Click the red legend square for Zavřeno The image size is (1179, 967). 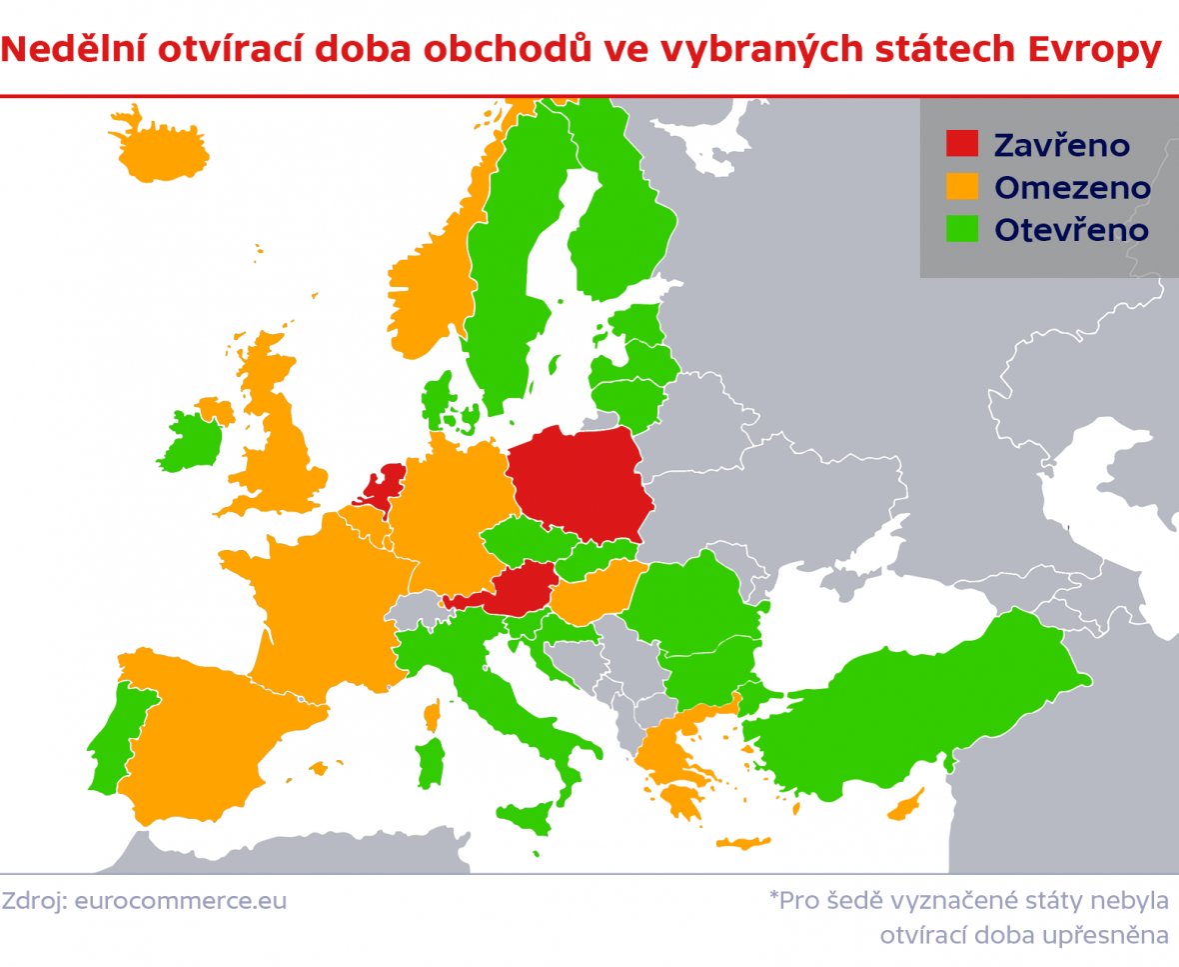[962, 144]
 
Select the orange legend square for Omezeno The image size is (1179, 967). [962, 187]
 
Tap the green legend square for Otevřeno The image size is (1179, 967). [962, 229]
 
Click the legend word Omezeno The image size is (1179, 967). [1072, 188]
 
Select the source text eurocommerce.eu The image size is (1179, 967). [181, 901]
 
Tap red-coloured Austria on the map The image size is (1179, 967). [515, 591]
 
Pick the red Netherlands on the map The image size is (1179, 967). [382, 488]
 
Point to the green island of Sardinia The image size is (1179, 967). [431, 762]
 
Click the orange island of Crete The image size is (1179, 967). [743, 843]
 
